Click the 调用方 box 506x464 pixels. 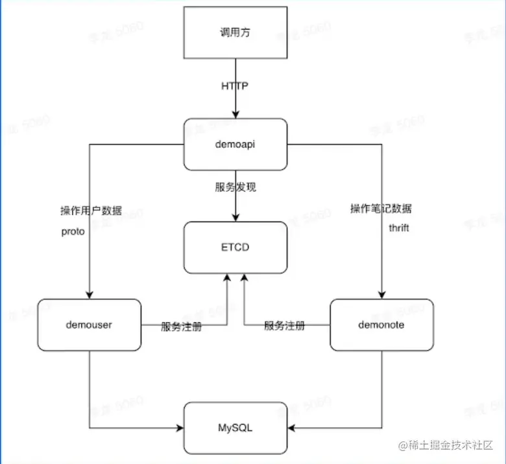click(235, 32)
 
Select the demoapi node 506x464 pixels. click(235, 145)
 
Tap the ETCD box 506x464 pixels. click(235, 247)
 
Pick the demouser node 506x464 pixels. click(90, 325)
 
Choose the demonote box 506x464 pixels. click(381, 325)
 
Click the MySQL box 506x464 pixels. click(235, 428)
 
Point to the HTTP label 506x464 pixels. click(235, 86)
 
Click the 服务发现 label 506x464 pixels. click(235, 187)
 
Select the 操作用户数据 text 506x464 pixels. click(91, 211)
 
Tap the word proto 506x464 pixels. click(73, 231)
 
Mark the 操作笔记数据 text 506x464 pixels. click(381, 209)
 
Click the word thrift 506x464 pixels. click(399, 228)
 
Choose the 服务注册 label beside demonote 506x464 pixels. click(284, 326)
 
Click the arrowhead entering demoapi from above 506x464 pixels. click(235, 114)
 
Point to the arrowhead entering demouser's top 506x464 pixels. click(90, 295)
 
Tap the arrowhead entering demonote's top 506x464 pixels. click(381, 295)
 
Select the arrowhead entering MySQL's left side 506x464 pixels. click(180, 428)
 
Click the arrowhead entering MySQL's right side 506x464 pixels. click(291, 428)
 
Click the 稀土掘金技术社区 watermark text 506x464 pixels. click(453, 446)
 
